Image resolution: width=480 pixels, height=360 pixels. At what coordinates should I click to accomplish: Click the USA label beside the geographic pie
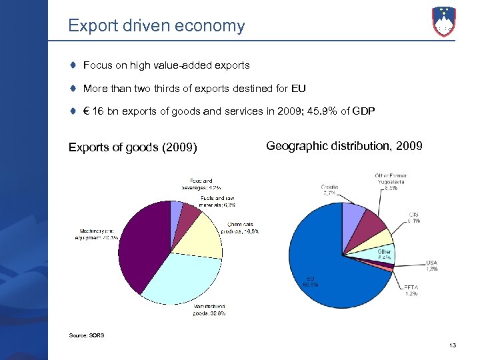tap(432, 265)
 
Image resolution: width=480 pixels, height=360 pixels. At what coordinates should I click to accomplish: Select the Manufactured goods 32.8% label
tap(209, 308)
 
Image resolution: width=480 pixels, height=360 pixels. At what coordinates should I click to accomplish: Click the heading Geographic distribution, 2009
tap(344, 145)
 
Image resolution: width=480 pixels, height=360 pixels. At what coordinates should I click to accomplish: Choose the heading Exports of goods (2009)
tap(133, 147)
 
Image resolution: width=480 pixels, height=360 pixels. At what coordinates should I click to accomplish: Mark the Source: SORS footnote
tap(87, 335)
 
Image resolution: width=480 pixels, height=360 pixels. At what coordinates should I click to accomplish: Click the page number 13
tap(453, 345)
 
